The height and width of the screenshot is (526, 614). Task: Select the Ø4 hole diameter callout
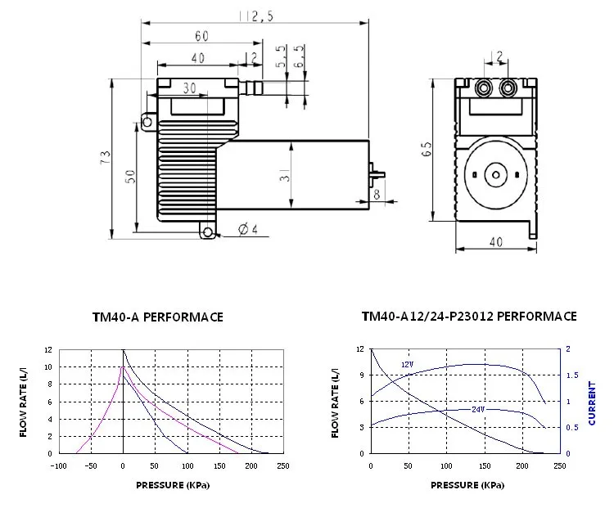coord(247,229)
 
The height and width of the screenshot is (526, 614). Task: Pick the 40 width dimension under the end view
coord(495,243)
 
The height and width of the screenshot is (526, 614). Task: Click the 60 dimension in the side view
coord(201,36)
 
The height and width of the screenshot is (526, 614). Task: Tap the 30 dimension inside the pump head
coord(189,88)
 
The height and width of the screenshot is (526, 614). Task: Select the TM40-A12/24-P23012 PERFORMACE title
coord(469,316)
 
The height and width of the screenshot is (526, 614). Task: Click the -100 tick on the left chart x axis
coord(59,466)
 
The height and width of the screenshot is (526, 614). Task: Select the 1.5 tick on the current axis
coord(571,375)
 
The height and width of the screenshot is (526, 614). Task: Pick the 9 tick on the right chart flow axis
coord(359,375)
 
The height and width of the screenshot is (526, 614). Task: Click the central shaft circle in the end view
coord(494,174)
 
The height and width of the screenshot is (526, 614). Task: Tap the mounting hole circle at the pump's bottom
coord(208,233)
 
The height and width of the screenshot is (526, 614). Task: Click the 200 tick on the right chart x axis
coord(521,466)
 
